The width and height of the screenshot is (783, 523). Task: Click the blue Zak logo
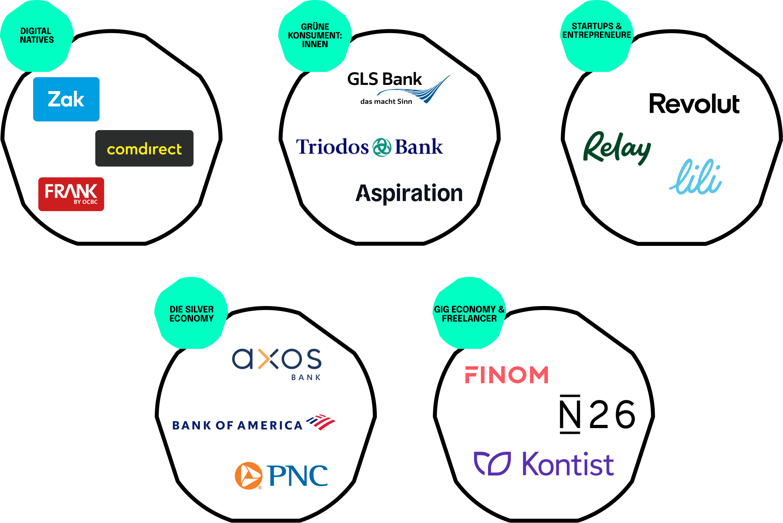click(x=66, y=99)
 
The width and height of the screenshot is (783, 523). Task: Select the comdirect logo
click(x=144, y=149)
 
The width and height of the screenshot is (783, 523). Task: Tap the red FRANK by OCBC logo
click(x=71, y=194)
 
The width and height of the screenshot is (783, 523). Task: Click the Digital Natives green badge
click(x=37, y=36)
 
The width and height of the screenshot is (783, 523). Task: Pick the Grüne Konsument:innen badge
click(x=315, y=36)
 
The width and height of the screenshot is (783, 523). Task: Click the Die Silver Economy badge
click(x=192, y=313)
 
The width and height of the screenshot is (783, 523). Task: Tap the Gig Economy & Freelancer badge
click(x=469, y=313)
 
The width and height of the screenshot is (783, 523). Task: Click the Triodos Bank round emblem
click(x=382, y=147)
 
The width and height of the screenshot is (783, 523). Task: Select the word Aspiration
click(x=409, y=193)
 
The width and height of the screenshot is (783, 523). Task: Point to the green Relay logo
click(x=617, y=148)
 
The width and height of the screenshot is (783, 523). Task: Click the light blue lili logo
click(x=696, y=177)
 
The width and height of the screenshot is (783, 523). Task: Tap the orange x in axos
click(x=268, y=359)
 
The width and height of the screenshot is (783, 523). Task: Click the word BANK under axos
click(x=306, y=377)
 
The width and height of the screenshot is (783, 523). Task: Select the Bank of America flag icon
click(x=321, y=422)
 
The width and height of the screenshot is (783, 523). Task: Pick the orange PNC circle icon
click(x=248, y=476)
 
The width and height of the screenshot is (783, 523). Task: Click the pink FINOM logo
click(x=507, y=375)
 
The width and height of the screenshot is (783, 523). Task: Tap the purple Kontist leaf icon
click(x=492, y=463)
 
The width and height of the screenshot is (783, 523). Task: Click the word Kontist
click(x=568, y=464)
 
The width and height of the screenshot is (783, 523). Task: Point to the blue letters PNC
click(x=297, y=476)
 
